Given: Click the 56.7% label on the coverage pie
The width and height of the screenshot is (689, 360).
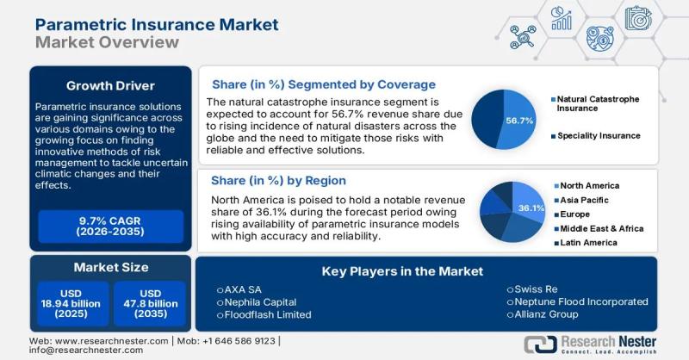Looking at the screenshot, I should (x=520, y=120).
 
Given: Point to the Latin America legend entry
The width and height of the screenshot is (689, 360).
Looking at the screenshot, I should (x=588, y=243).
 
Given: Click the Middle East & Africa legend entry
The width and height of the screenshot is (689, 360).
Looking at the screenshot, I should (x=601, y=228).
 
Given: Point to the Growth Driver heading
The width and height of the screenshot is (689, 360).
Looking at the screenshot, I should (x=109, y=85).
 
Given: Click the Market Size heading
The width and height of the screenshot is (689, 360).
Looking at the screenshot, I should (x=109, y=267).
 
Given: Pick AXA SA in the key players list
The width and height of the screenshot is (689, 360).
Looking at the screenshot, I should (x=245, y=289).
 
